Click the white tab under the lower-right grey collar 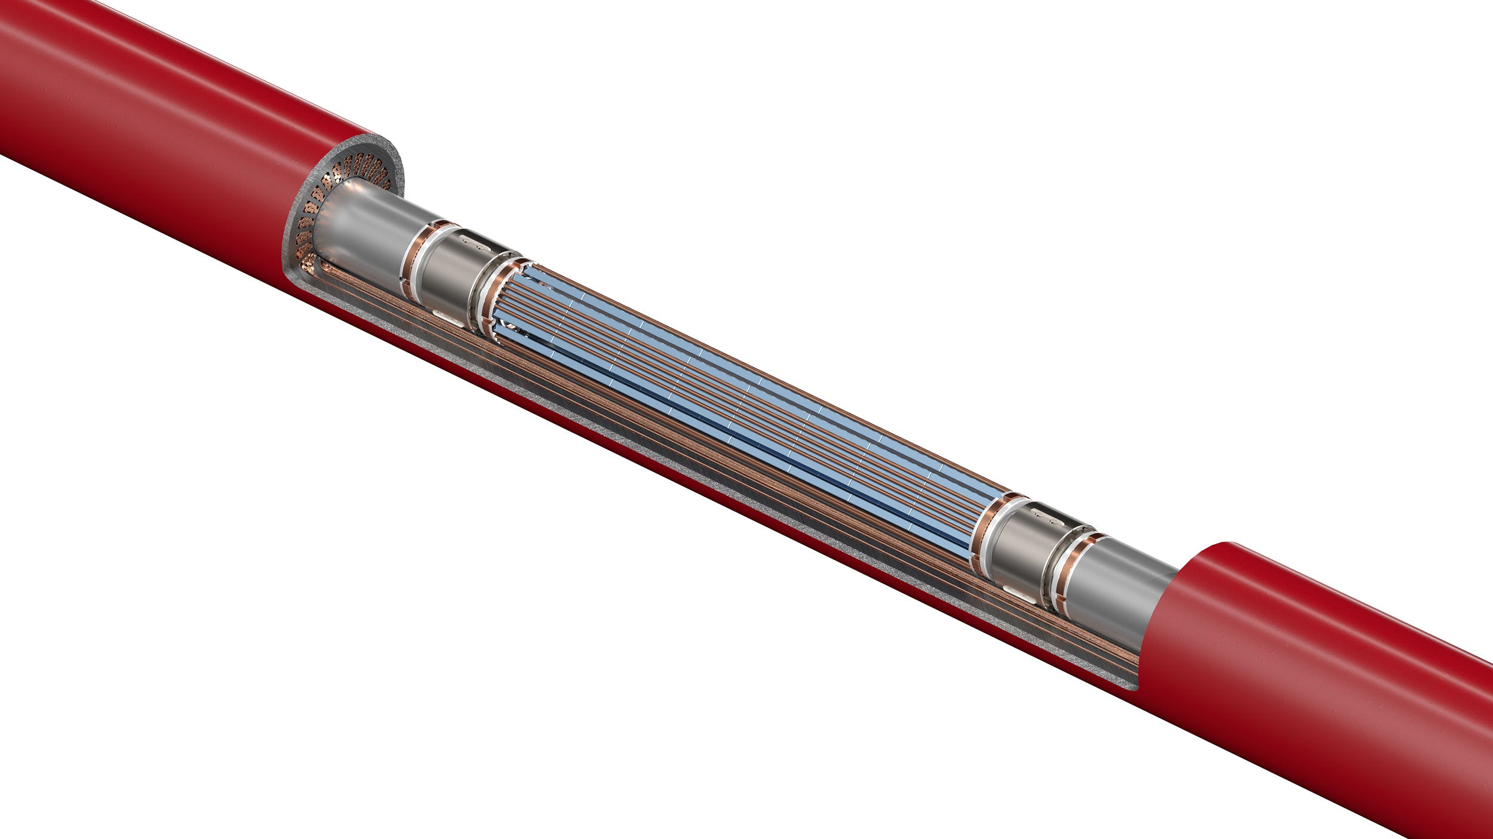1015,591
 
